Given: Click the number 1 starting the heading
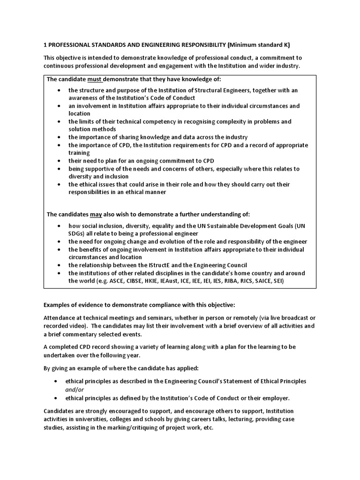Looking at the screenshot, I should (45, 45).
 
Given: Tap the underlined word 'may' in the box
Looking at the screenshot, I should (96, 214).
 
